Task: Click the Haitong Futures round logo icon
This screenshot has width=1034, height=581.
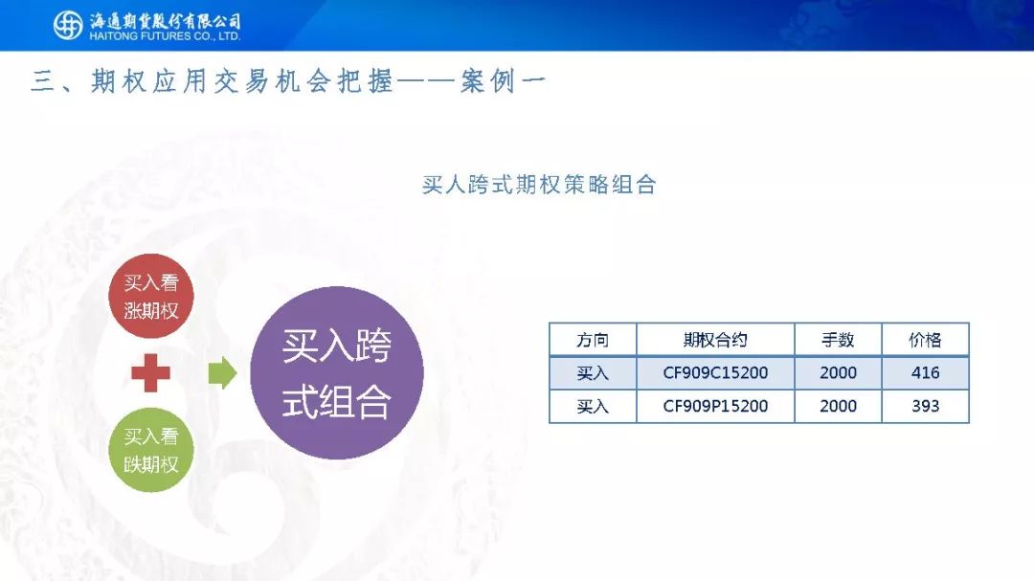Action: (68, 26)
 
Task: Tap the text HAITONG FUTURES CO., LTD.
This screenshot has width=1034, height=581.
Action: (165, 37)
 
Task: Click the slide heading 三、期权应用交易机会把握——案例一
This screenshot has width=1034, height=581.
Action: (288, 81)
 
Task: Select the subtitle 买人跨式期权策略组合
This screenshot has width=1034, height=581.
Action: (539, 185)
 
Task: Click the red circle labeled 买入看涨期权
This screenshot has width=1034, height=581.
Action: (151, 296)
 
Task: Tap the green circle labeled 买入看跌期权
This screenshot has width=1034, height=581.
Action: (151, 450)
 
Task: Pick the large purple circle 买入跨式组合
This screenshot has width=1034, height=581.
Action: (337, 372)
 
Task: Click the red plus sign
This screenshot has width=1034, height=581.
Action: (151, 372)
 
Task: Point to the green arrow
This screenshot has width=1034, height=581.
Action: (222, 372)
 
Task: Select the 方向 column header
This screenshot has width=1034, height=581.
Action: (593, 341)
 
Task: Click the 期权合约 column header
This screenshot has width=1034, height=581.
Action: (715, 341)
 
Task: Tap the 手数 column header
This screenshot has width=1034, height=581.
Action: (838, 341)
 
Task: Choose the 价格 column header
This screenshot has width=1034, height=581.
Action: (925, 341)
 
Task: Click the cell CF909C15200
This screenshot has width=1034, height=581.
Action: (715, 373)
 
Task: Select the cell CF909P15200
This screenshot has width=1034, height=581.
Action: (715, 406)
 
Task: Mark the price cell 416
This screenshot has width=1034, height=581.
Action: (925, 373)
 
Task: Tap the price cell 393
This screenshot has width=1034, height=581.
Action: (925, 406)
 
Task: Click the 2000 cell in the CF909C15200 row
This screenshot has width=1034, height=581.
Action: (838, 373)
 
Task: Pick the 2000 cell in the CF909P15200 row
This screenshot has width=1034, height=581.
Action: (838, 406)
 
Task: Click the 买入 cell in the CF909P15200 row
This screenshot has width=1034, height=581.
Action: (593, 406)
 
